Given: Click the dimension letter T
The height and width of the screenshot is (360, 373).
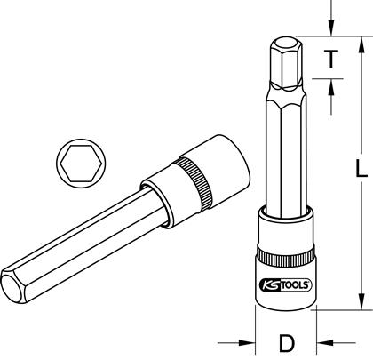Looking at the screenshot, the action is [x=331, y=59].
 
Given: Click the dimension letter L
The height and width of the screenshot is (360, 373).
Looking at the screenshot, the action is [x=361, y=169].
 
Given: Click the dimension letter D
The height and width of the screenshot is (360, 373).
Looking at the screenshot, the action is [x=287, y=343].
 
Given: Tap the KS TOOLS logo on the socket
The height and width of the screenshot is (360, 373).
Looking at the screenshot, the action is [x=285, y=285].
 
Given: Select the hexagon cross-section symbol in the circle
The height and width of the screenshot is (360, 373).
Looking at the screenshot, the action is [x=81, y=164].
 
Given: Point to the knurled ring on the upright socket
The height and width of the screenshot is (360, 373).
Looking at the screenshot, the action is [x=286, y=256].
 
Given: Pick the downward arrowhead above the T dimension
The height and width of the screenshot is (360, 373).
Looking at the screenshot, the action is [x=331, y=28].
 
